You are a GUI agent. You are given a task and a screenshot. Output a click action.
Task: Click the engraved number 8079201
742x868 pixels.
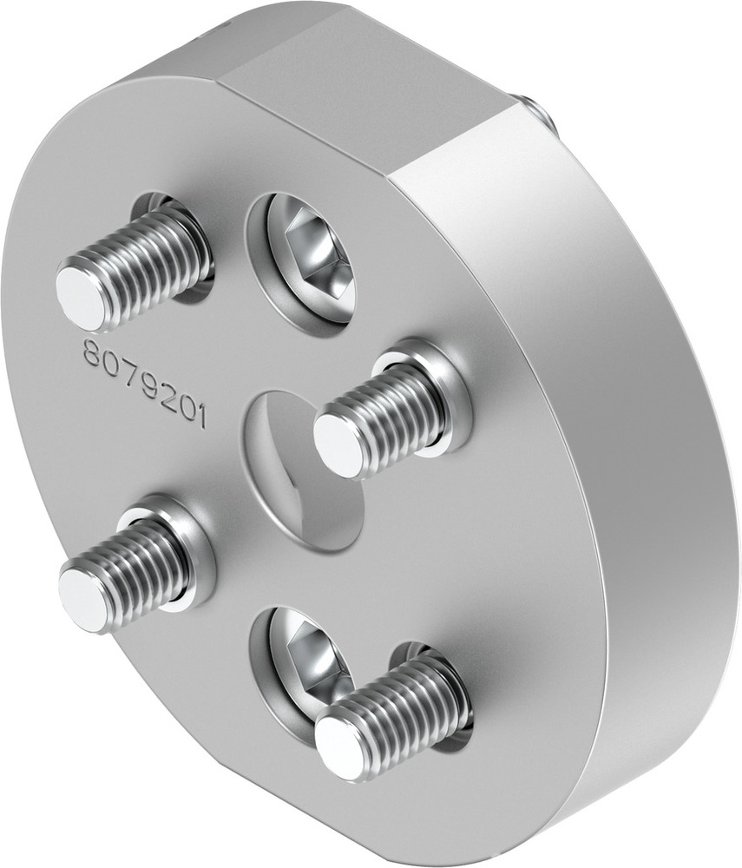pos(143,382)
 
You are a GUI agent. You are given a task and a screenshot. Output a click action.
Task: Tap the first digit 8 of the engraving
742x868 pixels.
pos(90,351)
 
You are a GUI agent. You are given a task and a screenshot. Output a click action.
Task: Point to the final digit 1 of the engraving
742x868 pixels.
pos(200,418)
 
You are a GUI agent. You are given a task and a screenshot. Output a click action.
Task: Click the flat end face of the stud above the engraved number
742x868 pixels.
pos(82,298)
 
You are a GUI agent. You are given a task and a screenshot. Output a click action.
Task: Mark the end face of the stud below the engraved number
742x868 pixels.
pos(84,600)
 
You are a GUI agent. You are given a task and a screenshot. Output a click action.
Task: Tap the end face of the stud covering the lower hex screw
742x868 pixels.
pos(339,746)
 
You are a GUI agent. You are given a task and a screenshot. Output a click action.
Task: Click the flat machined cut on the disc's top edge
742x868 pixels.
pos(364,78)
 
